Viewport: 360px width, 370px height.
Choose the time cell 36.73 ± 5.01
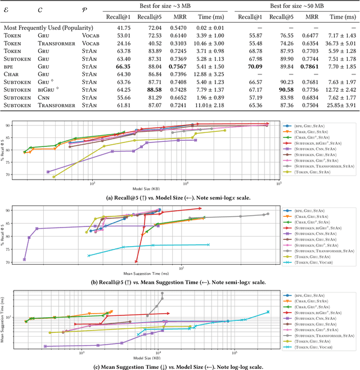tap(343, 42)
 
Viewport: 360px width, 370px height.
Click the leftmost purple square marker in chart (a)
tap(48, 172)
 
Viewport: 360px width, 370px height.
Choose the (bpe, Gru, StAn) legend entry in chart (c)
tap(318, 295)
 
